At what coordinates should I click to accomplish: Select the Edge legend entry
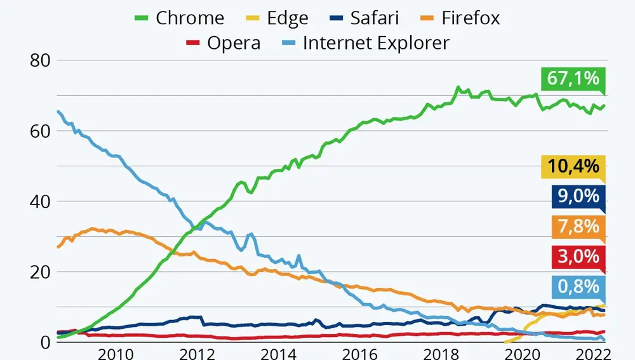pyautogui.click(x=277, y=18)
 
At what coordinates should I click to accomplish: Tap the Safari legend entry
pyautogui.click(x=365, y=18)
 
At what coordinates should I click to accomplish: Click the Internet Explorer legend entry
pyautogui.click(x=365, y=43)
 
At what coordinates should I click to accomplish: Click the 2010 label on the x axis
pyautogui.click(x=116, y=353)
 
